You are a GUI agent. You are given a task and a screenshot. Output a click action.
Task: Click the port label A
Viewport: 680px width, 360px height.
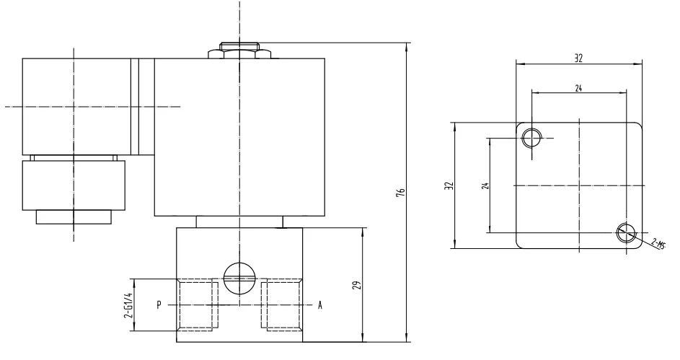coord(319,305)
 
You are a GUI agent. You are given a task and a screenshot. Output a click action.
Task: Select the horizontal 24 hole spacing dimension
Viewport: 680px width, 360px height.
coord(578,87)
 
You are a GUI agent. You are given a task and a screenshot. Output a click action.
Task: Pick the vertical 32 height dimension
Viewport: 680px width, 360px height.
coord(449,186)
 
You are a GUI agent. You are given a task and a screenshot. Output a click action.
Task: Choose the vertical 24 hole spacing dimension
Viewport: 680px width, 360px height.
coord(485,185)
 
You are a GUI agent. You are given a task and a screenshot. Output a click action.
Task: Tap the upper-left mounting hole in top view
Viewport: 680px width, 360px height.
coord(531,137)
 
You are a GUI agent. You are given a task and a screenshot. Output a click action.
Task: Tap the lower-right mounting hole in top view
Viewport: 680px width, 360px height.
coord(626,232)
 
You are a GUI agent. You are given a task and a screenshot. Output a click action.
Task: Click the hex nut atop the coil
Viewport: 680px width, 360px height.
coord(239,52)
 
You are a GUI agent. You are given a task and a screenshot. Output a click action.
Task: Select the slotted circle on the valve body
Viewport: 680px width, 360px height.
coord(238,278)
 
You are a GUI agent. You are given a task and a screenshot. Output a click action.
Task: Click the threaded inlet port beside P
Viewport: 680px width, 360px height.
coord(196,305)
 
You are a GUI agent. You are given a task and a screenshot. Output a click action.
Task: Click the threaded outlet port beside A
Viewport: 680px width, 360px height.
coord(281,305)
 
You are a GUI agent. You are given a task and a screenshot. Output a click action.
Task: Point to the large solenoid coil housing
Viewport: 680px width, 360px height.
coord(239,137)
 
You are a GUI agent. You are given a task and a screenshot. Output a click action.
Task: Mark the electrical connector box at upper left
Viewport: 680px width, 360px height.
coord(75,107)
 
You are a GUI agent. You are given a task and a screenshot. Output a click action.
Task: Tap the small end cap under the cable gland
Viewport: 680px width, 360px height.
coord(74,216)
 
